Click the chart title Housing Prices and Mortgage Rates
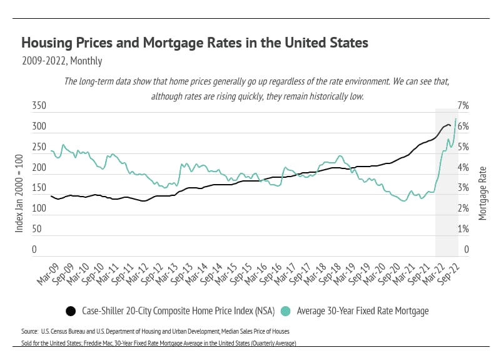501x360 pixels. point(195,43)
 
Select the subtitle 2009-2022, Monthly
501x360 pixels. point(61,61)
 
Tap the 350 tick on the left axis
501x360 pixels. point(39,106)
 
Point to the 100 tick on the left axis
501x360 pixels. point(39,209)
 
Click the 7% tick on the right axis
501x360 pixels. point(469,106)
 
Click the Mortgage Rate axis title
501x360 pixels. point(482,193)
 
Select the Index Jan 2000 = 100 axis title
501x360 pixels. point(19,193)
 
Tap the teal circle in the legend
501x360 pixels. point(285,311)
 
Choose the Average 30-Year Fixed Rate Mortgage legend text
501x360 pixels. point(362,311)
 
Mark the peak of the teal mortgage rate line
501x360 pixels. point(455,118)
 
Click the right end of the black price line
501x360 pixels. point(450,127)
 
